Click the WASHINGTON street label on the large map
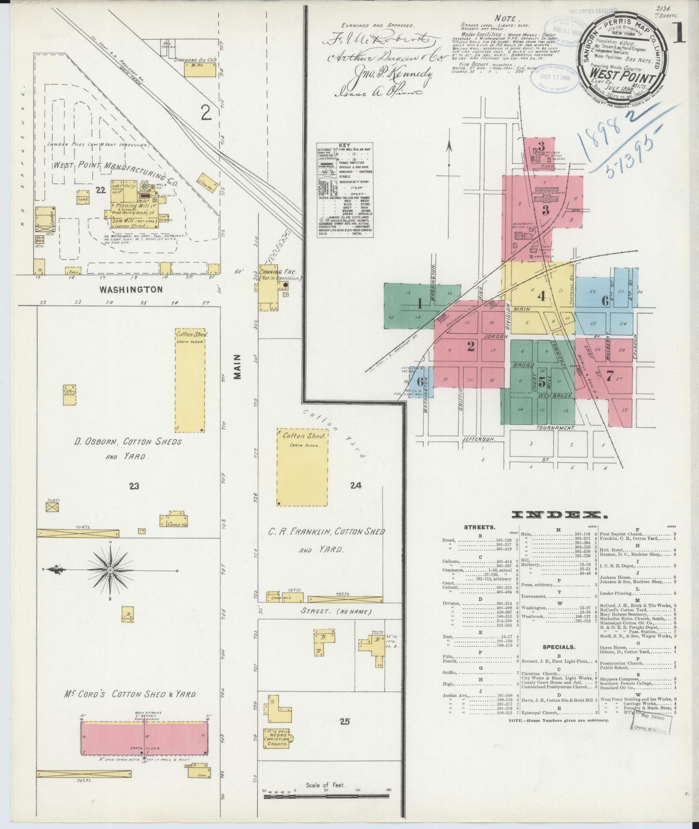click(131, 289)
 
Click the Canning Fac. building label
click(280, 273)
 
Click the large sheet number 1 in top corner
click(679, 35)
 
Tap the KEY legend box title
click(344, 145)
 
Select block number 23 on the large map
click(134, 486)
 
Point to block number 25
click(344, 722)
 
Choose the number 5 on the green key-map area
click(542, 382)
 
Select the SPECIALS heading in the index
click(558, 646)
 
